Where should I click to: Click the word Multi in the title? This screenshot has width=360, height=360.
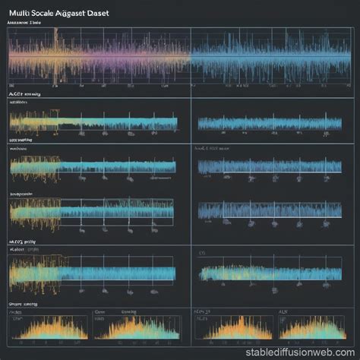20,13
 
